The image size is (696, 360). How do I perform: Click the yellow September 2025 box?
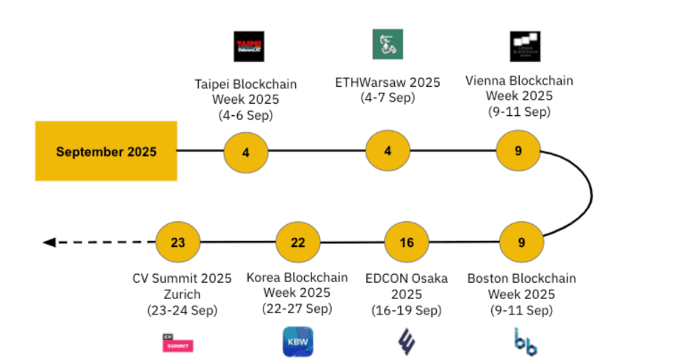pos(106,151)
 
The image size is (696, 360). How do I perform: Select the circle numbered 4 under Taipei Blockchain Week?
pos(246,153)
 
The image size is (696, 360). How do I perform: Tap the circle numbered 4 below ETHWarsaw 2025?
pos(388,151)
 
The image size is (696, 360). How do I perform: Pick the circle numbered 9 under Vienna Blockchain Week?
pos(518,151)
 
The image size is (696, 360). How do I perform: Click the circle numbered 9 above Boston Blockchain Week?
pos(521,242)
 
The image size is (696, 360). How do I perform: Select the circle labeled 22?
pos(297,242)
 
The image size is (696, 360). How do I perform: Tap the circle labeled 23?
pos(178,242)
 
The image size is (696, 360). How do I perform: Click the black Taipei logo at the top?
pos(249,46)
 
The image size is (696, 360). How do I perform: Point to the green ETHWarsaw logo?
pos(388,44)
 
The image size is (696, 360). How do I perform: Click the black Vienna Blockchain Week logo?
pos(525,46)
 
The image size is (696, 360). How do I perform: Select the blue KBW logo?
pos(297,342)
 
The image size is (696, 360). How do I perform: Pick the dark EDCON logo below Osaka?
pos(406,342)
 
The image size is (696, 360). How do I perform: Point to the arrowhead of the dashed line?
pos(49,242)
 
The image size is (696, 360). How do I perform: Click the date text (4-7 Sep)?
pos(387,98)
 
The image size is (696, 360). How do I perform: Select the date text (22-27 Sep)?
pos(297,308)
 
